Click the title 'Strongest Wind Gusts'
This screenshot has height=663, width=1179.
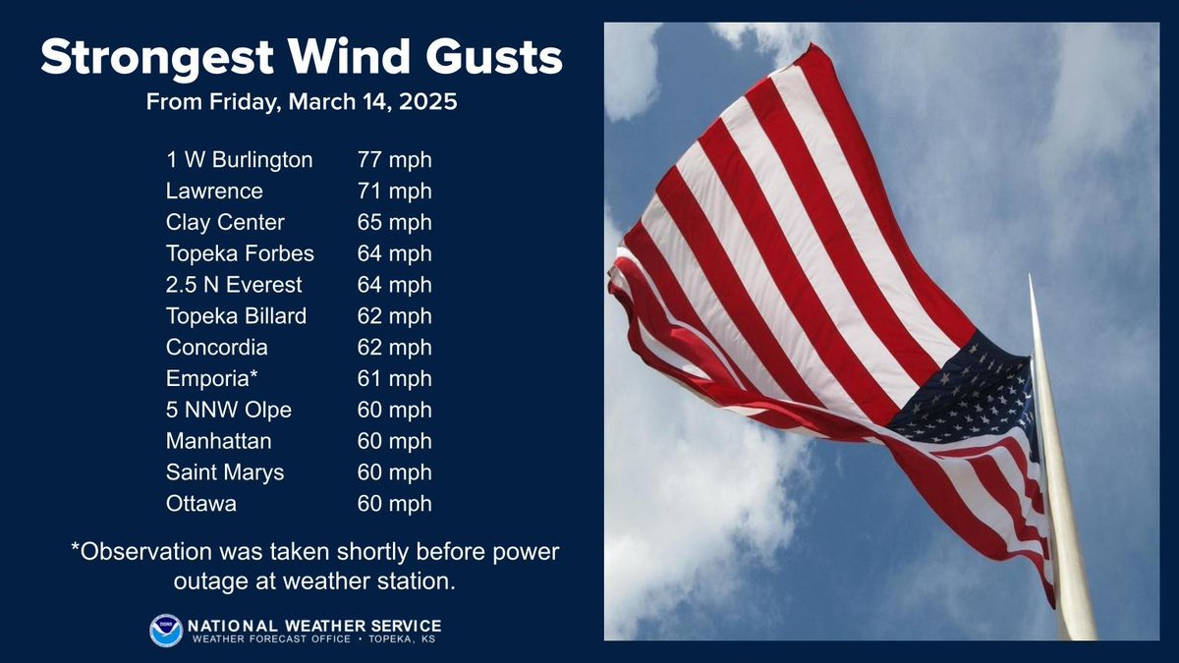301,59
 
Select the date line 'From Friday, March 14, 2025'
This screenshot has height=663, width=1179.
301,102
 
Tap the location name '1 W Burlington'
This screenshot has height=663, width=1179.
240,159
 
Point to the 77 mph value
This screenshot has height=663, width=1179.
394,159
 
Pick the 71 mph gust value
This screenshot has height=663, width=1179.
394,191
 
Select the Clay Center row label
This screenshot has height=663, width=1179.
225,222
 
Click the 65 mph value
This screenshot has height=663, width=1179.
394,222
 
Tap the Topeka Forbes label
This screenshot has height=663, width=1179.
241,253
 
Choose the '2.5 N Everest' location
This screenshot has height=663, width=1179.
235,285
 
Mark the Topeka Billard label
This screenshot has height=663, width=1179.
237,316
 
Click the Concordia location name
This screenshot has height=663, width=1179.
217,348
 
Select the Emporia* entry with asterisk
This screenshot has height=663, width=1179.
209,379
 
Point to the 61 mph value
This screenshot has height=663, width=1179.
394,379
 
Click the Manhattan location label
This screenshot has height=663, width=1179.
219,442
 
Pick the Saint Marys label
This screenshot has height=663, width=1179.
225,472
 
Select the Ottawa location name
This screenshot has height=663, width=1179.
201,504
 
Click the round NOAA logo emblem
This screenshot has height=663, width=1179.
166,631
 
